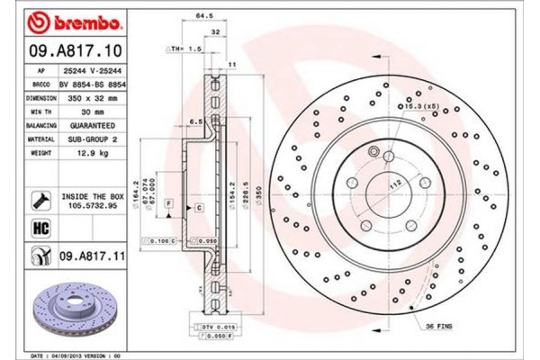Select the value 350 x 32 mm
click(91, 96)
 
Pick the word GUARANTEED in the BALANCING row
click(91, 125)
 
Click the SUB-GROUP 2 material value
click(91, 139)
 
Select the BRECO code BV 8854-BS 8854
click(91, 83)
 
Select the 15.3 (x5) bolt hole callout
click(419, 108)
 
